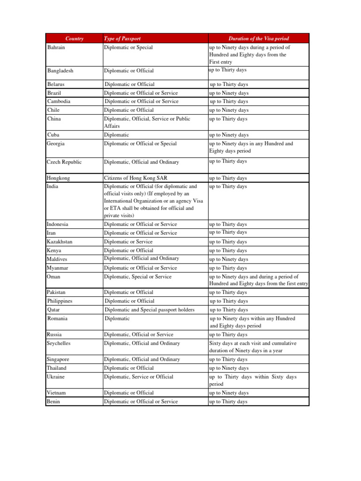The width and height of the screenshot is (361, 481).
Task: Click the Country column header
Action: [x=74, y=39]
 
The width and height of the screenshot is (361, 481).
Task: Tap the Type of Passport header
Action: [x=122, y=39]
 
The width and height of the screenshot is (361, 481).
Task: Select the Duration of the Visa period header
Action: [x=259, y=39]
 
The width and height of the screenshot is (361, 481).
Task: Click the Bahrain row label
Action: [x=56, y=47]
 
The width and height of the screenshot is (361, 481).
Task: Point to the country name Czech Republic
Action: [x=64, y=162]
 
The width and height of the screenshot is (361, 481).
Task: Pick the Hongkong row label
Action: [x=59, y=178]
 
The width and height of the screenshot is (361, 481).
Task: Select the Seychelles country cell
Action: [x=60, y=343]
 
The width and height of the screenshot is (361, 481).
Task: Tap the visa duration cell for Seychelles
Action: [x=253, y=347]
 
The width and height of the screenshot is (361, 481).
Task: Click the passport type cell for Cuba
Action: [x=117, y=135]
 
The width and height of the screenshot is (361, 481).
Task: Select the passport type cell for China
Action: [x=147, y=122]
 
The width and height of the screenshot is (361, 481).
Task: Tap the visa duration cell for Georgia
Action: [x=251, y=147]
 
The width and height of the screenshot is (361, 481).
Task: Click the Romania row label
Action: [x=57, y=318]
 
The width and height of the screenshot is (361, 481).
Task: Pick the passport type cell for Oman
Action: [x=137, y=277]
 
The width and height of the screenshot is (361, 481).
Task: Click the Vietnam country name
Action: [x=56, y=393]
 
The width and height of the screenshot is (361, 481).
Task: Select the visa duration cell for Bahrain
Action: [x=249, y=54]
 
